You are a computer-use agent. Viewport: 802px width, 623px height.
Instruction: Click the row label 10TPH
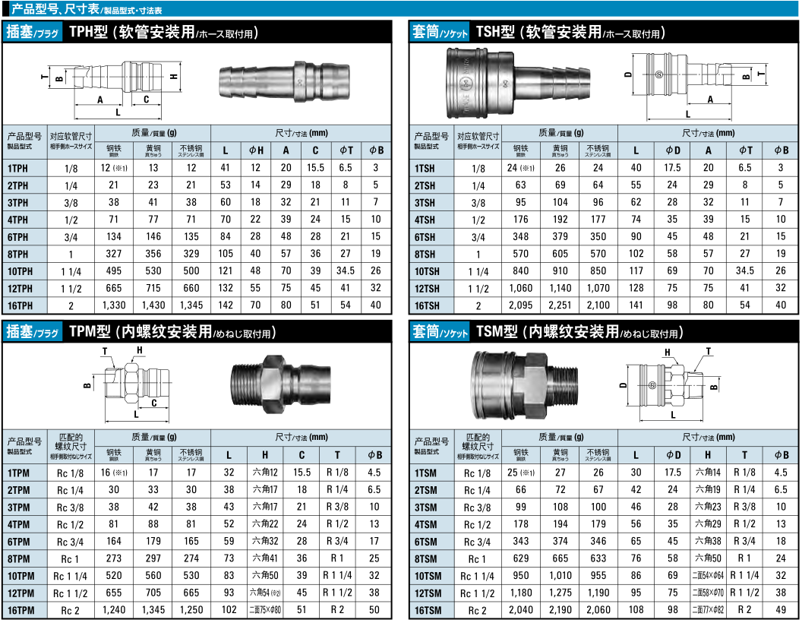(x=20, y=271)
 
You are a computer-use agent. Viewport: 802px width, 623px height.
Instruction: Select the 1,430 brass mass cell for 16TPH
(x=153, y=305)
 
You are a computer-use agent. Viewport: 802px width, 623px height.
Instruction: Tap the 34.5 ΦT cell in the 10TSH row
(x=745, y=271)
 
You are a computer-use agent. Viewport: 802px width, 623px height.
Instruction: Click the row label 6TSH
(x=425, y=237)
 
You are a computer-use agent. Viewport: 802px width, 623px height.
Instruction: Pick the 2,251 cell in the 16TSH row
(x=560, y=305)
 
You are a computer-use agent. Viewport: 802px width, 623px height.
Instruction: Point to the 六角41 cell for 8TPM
(x=265, y=558)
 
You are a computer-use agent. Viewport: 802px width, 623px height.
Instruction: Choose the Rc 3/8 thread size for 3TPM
(x=70, y=508)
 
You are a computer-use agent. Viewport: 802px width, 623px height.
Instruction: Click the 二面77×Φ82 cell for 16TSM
(x=708, y=609)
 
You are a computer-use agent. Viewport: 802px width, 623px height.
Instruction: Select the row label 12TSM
(x=428, y=593)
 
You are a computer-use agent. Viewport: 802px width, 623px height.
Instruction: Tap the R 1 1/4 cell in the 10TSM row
(x=744, y=575)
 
